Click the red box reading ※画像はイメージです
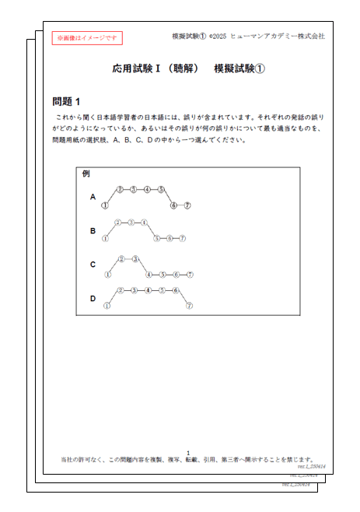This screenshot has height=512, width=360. (x=87, y=37)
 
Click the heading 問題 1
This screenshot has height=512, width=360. (x=66, y=101)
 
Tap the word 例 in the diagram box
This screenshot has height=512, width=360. (x=86, y=174)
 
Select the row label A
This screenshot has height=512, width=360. (x=93, y=197)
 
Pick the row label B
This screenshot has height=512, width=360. (x=93, y=231)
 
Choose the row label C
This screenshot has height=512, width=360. (x=93, y=265)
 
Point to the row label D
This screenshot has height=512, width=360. (x=93, y=298)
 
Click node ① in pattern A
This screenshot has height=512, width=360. (x=104, y=205)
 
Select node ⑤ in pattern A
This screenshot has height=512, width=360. (x=161, y=189)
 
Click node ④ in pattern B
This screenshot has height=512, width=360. (x=144, y=223)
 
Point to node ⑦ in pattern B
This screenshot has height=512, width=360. (x=182, y=238)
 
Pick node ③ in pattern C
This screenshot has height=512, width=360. (x=135, y=259)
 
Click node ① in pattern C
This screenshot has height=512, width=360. (x=108, y=274)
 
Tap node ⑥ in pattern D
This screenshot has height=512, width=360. (x=176, y=290)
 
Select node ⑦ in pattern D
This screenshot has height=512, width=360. (x=189, y=306)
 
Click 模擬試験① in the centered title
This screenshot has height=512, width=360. (x=239, y=68)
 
